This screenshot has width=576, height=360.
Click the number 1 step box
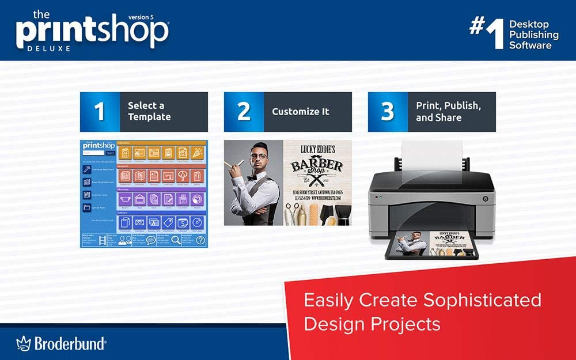[100, 112]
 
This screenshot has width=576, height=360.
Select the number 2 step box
[244, 112]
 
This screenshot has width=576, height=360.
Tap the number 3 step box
[388, 112]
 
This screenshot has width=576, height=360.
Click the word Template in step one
[149, 117]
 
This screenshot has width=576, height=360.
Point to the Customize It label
[300, 112]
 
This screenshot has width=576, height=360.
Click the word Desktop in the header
[529, 24]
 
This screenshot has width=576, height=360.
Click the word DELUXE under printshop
[49, 49]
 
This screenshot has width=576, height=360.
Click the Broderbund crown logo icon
[23, 344]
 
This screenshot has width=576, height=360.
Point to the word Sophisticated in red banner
[482, 300]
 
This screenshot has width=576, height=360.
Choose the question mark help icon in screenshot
[200, 240]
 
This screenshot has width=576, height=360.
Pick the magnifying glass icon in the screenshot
[176, 240]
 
